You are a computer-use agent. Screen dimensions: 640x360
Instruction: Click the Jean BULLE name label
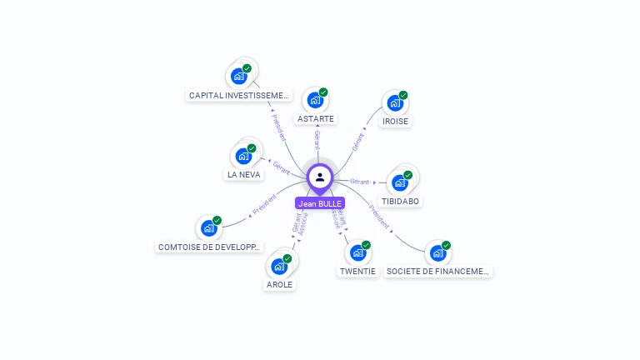tap(320, 203)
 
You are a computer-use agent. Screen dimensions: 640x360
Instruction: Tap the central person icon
tap(320, 177)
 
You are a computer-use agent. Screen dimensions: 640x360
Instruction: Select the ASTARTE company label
tap(316, 118)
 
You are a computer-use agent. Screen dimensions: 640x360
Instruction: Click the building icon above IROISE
tap(394, 103)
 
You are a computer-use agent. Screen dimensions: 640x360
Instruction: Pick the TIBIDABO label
tap(401, 201)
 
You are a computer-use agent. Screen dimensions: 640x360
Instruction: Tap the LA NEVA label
tap(244, 175)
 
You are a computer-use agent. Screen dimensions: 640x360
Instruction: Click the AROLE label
tap(279, 284)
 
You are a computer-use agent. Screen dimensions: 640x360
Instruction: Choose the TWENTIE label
tap(358, 271)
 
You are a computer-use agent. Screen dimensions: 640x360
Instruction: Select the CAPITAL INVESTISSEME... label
tap(239, 96)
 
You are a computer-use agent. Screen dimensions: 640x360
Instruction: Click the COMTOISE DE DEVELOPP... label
tap(209, 247)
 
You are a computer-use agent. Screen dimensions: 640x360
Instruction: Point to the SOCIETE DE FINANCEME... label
tap(438, 271)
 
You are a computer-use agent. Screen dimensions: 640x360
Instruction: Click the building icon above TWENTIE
tap(357, 252)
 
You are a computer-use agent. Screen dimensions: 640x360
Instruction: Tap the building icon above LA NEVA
tap(243, 156)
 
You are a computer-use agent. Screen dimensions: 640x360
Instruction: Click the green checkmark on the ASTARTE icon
tap(323, 92)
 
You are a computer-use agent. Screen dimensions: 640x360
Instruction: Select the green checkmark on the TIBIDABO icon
tap(408, 175)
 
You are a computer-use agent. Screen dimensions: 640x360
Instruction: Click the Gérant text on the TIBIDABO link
tap(360, 181)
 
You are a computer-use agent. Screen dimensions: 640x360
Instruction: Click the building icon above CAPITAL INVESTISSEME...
tap(239, 76)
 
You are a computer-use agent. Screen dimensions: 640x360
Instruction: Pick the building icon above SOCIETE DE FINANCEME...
tap(437, 252)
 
